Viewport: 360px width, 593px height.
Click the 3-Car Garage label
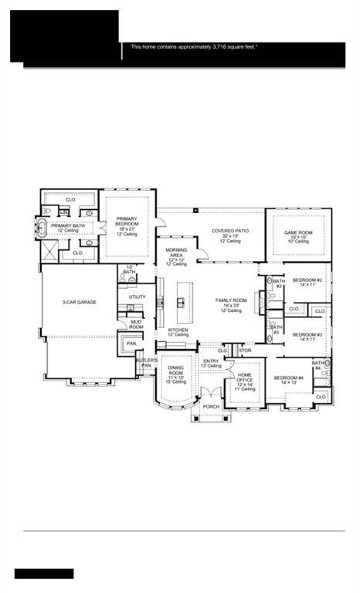pyautogui.click(x=80, y=302)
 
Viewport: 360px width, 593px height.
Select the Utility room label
pyautogui.click(x=137, y=296)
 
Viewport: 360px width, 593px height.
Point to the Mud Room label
pyautogui.click(x=136, y=324)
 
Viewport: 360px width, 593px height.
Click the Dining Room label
pyautogui.click(x=176, y=375)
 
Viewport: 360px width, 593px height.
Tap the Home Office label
pyautogui.click(x=244, y=379)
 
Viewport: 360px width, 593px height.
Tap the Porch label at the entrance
pyautogui.click(x=210, y=406)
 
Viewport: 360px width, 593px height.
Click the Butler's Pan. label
pyautogui.click(x=148, y=363)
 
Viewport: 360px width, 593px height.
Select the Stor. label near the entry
pyautogui.click(x=245, y=351)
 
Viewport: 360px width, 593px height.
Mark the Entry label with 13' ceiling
pyautogui.click(x=212, y=363)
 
